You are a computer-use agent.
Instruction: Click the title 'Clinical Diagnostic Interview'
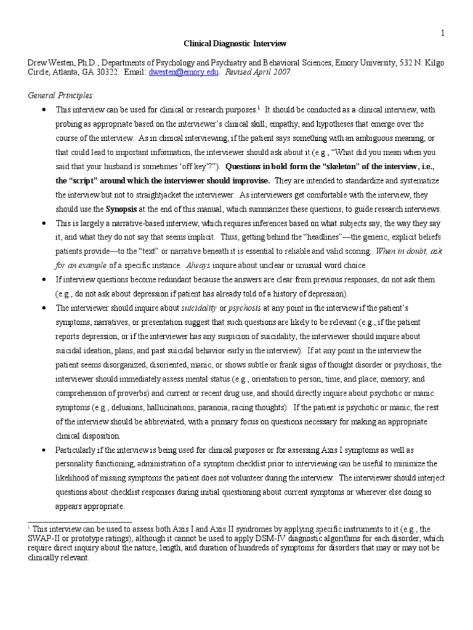[226, 44]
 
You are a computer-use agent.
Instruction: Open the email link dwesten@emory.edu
[184, 72]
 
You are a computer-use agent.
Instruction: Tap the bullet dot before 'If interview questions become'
[44, 279]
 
